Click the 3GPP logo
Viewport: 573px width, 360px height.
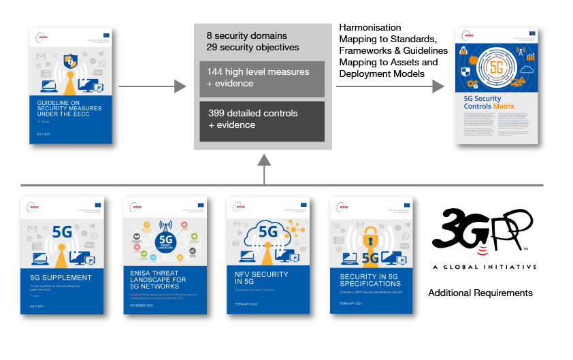tap(483, 232)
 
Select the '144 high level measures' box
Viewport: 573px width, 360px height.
tap(262, 78)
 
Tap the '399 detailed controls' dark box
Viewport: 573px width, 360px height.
tap(262, 119)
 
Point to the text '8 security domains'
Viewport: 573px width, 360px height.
tap(246, 35)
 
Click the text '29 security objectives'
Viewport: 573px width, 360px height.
tap(252, 47)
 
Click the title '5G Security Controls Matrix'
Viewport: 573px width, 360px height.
tap(489, 103)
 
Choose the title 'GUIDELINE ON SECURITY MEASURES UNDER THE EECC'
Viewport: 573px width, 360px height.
tap(69, 108)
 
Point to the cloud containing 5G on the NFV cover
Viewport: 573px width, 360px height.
tap(265, 231)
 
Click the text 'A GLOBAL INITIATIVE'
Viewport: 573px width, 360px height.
tap(484, 267)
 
